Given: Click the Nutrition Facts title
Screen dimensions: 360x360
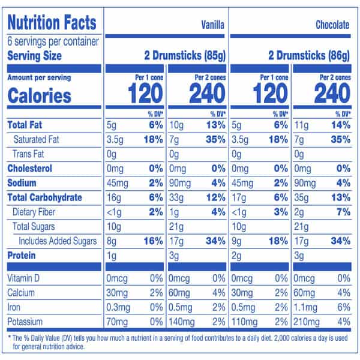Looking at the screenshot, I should click(x=52, y=23).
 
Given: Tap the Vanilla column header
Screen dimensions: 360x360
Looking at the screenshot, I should click(x=212, y=25).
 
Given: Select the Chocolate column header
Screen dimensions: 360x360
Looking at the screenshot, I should click(x=332, y=25).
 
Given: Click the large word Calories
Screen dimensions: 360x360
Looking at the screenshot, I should click(x=39, y=95).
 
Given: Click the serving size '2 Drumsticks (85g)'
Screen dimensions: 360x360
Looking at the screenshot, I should click(x=185, y=56).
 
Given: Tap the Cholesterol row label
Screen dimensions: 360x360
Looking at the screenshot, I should click(x=30, y=169).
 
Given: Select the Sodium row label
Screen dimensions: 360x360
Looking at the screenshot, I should click(x=22, y=183).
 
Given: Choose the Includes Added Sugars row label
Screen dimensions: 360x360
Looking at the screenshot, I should click(x=57, y=241).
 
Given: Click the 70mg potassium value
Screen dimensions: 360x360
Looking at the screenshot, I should click(x=116, y=321).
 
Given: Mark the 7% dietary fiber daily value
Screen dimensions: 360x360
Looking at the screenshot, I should click(x=343, y=212).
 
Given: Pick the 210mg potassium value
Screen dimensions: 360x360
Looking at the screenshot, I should click(x=307, y=321).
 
